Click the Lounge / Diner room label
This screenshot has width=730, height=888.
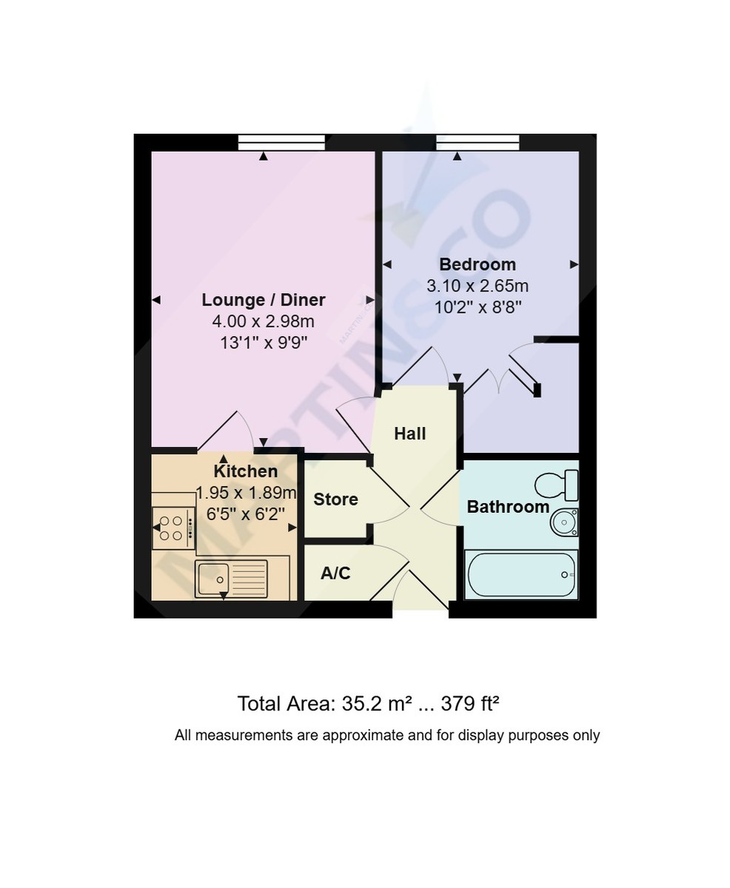point(263,300)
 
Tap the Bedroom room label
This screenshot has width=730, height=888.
point(477,264)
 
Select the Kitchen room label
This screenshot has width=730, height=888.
point(245,471)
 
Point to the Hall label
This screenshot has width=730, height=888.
point(409,434)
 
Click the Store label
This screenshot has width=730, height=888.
point(335,499)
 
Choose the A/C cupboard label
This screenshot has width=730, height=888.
point(335,573)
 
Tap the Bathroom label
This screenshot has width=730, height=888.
point(508,507)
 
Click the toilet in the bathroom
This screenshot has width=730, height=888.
point(556,485)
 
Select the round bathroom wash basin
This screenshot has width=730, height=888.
point(564,522)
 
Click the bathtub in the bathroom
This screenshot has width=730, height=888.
point(520,575)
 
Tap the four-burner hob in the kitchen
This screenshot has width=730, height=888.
point(173,528)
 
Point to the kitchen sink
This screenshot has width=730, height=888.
point(231,579)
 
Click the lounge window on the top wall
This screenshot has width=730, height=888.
point(281,142)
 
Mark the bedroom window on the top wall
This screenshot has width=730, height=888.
point(478,142)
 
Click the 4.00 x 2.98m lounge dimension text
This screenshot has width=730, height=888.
point(263,321)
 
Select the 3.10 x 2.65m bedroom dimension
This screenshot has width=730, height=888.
point(477,286)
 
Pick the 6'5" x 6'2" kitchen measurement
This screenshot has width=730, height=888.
point(245,514)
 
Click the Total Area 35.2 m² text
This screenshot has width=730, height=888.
point(324,703)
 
